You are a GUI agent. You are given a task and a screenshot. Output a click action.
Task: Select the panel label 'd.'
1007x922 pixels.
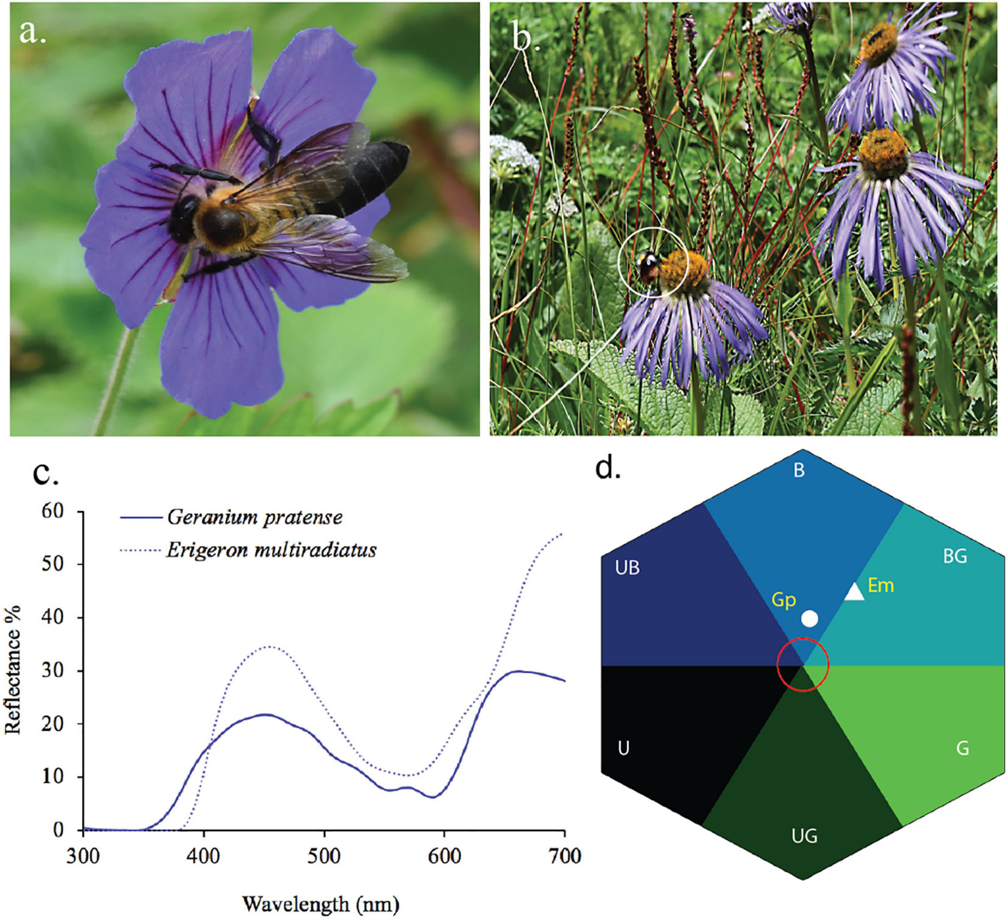click(x=608, y=468)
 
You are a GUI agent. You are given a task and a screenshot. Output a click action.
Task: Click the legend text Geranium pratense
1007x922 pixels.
click(x=255, y=517)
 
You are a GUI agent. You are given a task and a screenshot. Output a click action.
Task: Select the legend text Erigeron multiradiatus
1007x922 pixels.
click(x=271, y=550)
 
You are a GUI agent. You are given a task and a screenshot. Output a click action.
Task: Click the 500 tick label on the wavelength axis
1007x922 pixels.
click(x=324, y=856)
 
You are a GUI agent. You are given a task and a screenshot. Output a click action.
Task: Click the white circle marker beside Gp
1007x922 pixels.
click(x=810, y=618)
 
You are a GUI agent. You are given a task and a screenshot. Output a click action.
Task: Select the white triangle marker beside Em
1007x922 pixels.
click(x=855, y=593)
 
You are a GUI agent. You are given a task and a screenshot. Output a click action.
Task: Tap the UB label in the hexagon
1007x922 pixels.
click(x=628, y=568)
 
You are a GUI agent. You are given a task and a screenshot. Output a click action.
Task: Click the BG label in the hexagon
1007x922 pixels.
click(x=955, y=556)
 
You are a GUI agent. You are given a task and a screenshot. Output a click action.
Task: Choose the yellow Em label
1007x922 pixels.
click(x=881, y=585)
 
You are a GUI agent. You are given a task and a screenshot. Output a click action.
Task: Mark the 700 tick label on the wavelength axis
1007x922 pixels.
click(x=564, y=856)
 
